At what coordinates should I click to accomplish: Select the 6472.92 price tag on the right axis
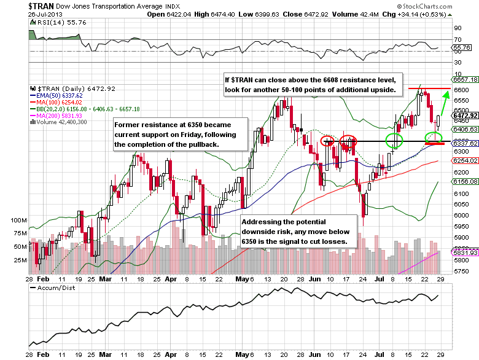[x=465, y=115]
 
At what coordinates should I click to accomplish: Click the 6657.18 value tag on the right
[x=465, y=80]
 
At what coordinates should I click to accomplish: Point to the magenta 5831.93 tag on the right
[x=465, y=252]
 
